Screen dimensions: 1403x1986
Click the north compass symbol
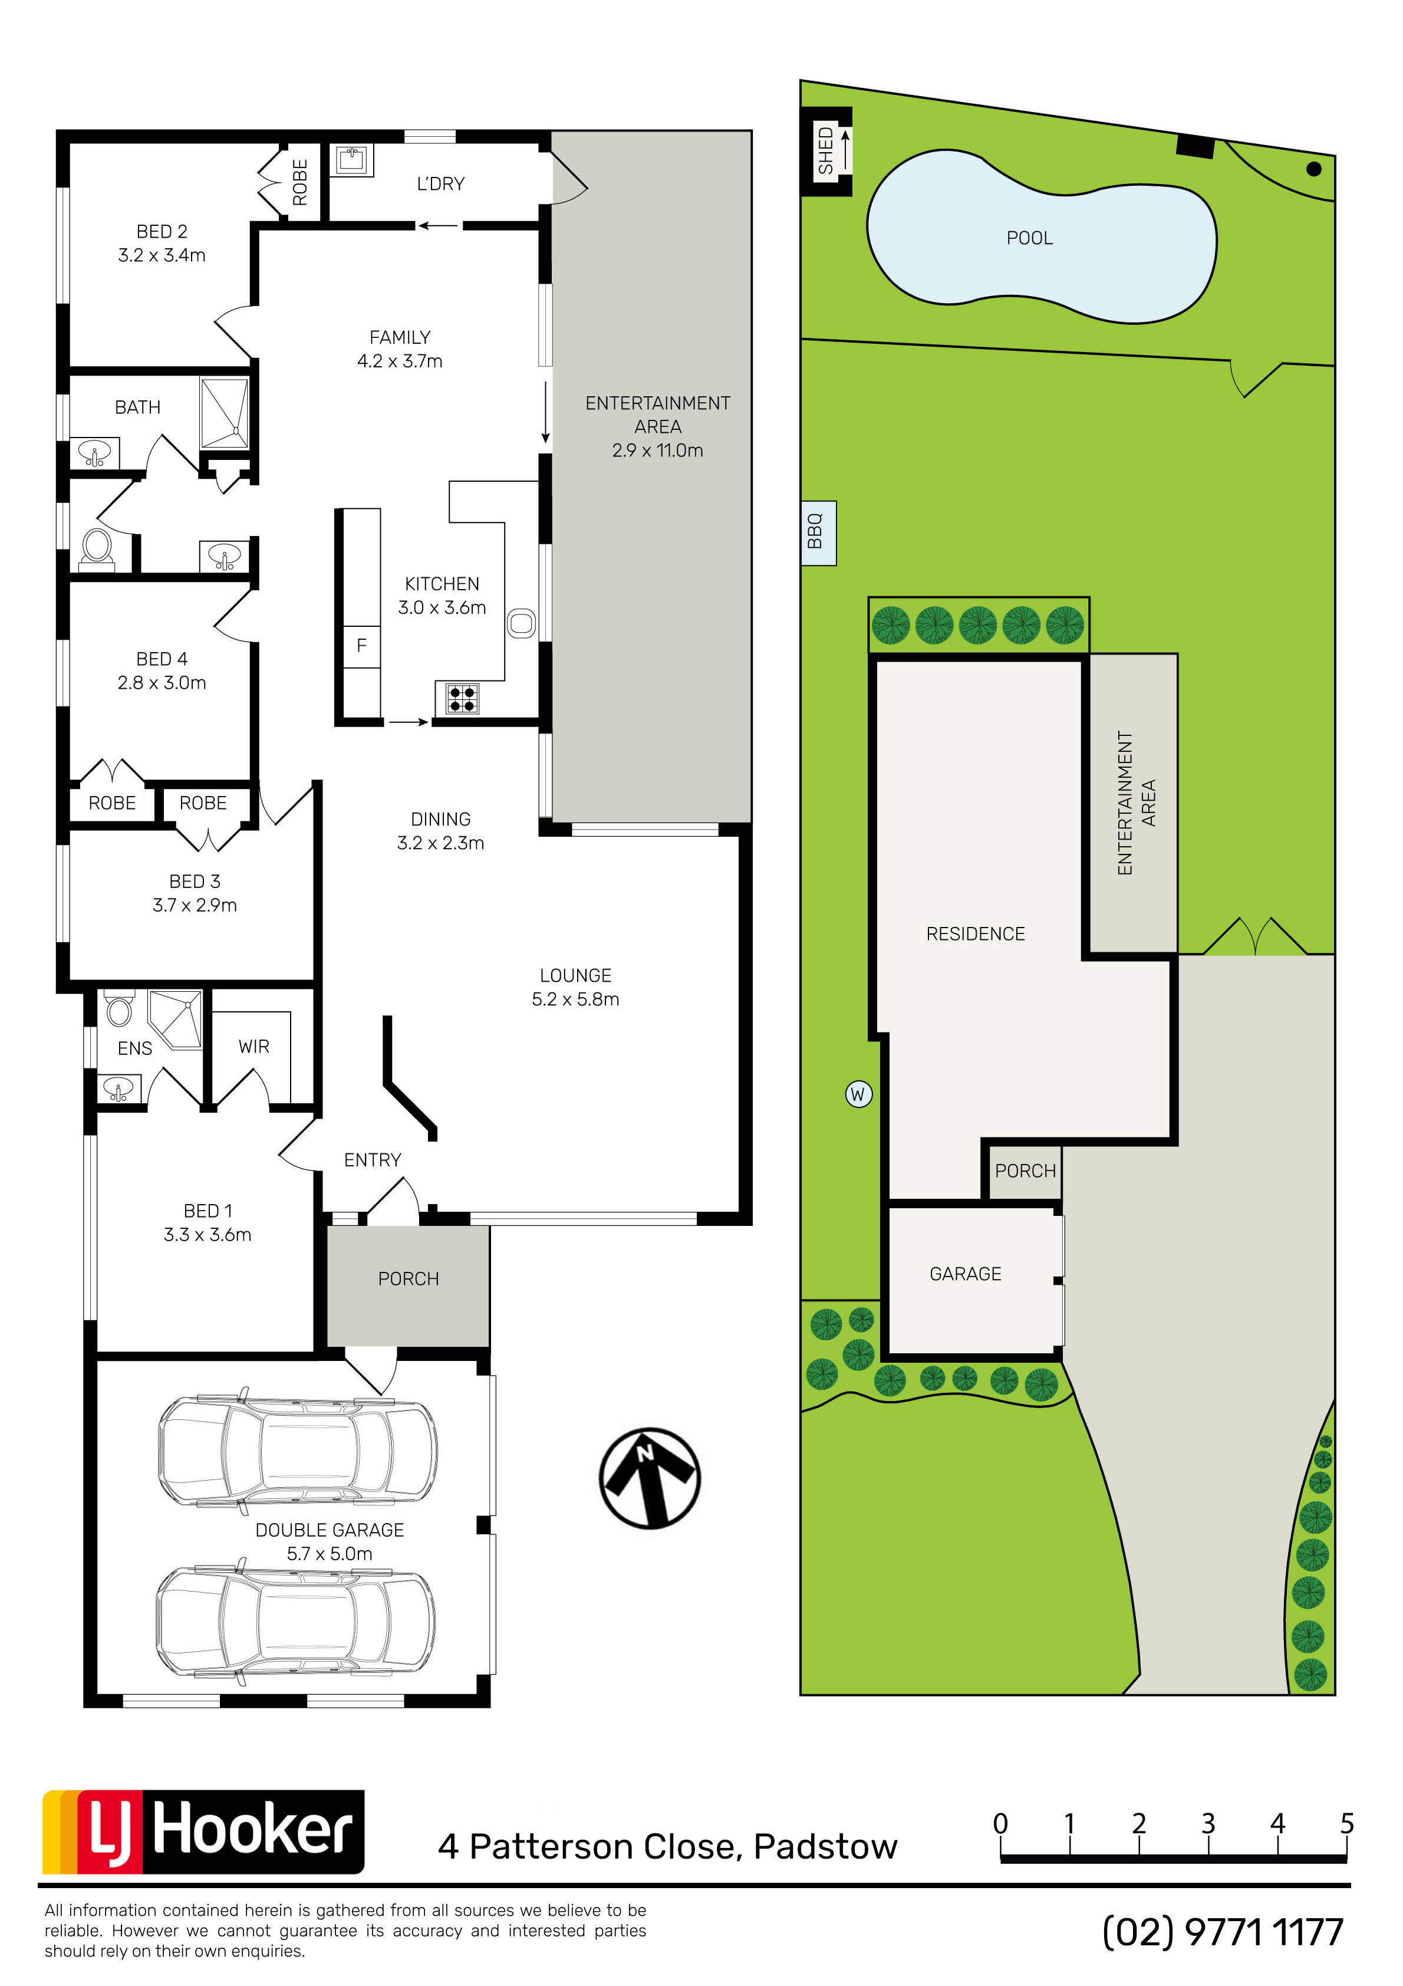(650, 1478)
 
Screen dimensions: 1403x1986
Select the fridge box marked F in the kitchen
(361, 645)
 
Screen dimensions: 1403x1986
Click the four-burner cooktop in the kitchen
(462, 698)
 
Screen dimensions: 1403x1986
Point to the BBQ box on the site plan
(818, 533)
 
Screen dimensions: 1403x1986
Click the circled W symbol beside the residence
(858, 1094)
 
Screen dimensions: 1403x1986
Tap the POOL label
(1029, 238)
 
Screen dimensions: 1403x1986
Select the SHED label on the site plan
(826, 150)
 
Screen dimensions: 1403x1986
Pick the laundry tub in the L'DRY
(354, 160)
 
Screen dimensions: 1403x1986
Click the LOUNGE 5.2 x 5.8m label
(575, 987)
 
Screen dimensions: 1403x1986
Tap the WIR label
(253, 1047)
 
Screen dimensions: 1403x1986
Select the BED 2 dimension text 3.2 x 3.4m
(162, 255)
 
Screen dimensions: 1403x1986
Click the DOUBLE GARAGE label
(330, 1530)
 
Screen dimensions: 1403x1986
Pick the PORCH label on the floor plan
(409, 1278)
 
